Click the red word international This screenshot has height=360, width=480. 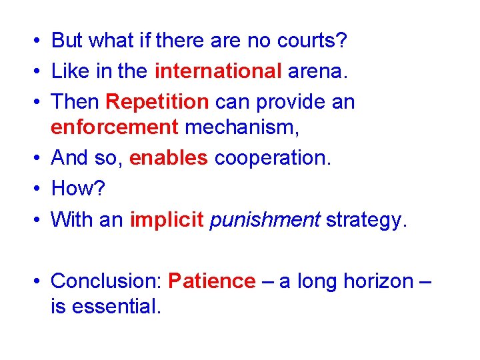click(218, 71)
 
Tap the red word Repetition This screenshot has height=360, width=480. click(157, 102)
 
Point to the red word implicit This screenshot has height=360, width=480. click(167, 219)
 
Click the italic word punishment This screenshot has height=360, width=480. click(265, 219)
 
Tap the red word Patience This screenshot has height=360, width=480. click(211, 281)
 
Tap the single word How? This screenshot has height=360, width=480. click(78, 189)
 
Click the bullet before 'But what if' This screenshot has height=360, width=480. click(32, 41)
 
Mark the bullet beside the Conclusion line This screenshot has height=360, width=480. click(32, 282)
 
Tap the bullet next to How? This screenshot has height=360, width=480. click(32, 189)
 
